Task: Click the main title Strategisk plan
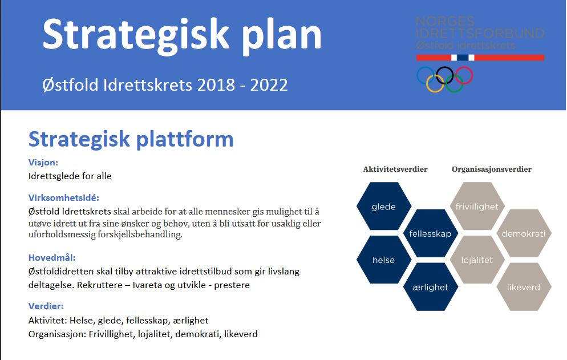182,34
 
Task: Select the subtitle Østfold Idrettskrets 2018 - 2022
165,85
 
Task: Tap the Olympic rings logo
445,79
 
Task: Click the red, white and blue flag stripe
480,57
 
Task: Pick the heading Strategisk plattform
131,139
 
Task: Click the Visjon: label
43,162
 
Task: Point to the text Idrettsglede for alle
70,176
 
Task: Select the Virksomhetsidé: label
64,198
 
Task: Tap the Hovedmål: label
52,257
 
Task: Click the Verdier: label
46,306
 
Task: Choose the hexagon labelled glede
383,207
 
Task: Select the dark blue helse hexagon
383,260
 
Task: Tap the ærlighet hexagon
430,287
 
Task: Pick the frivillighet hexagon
477,207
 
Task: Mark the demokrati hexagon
524,233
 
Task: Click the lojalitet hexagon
477,260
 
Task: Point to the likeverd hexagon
524,287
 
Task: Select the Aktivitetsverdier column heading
395,169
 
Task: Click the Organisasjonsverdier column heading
491,169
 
